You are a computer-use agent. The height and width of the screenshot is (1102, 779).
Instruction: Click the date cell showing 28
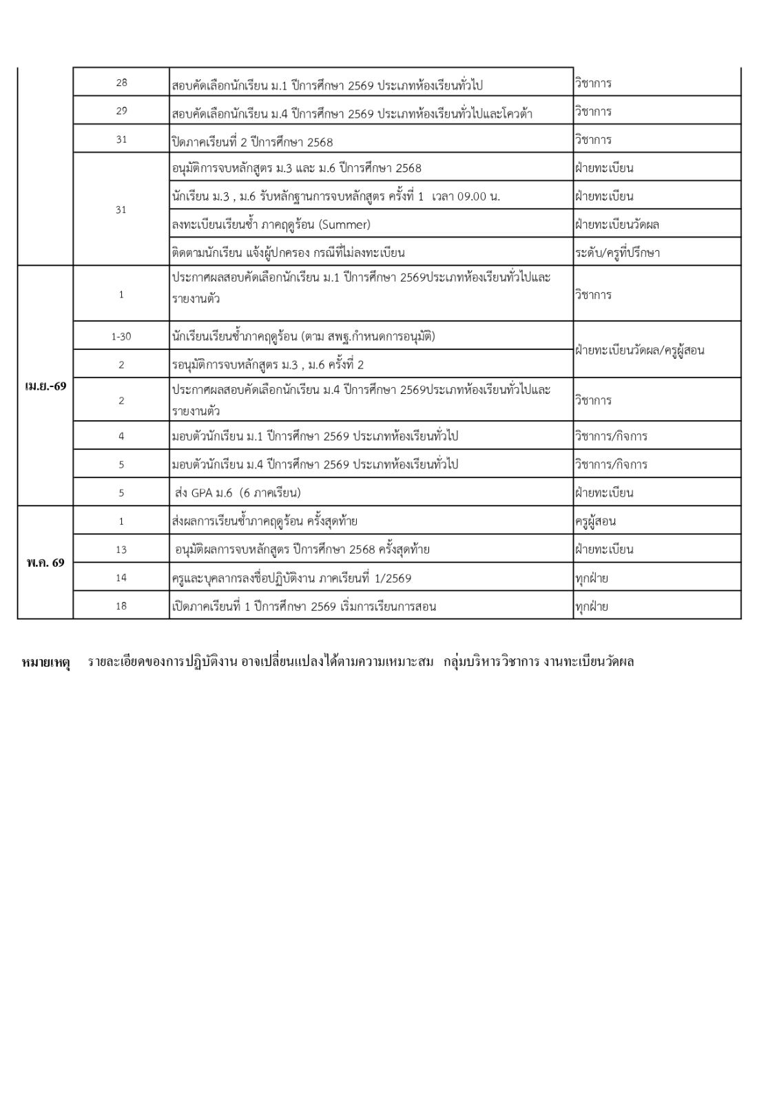[121, 83]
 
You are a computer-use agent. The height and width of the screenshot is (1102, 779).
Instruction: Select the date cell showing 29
[121, 111]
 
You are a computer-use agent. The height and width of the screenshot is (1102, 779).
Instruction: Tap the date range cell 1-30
[121, 337]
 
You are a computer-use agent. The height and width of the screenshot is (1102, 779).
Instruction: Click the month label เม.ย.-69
[45, 386]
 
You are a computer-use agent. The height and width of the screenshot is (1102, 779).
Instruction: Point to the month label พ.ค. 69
[45, 563]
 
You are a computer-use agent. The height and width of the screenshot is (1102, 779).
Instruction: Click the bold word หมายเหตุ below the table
[47, 663]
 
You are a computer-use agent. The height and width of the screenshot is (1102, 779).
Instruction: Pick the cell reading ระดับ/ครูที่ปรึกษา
[617, 253]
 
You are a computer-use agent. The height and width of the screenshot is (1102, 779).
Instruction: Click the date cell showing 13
[121, 550]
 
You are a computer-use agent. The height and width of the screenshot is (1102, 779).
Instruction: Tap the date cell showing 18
[121, 607]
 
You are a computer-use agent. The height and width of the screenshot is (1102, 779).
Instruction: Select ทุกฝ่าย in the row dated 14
[592, 579]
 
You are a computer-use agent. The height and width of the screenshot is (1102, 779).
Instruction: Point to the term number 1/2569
[389, 579]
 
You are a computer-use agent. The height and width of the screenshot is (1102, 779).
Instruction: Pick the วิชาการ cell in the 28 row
[593, 83]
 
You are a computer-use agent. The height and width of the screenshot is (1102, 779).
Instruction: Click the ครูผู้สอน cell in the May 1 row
[595, 521]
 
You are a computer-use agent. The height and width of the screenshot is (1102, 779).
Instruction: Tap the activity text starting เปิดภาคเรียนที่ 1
[304, 607]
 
